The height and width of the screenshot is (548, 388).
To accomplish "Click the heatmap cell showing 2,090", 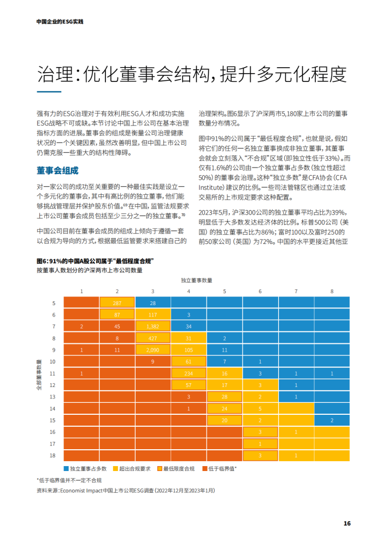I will pyautogui.click(x=152, y=349).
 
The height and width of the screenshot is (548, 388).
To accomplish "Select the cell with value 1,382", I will pyautogui.click(x=152, y=326).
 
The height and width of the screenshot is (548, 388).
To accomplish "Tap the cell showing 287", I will pyautogui.click(x=117, y=303).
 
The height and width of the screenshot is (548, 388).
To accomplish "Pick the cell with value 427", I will pyautogui.click(x=152, y=338).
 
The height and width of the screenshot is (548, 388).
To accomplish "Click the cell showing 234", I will pyautogui.click(x=189, y=373).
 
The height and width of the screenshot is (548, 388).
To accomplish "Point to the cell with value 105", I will pyautogui.click(x=189, y=349).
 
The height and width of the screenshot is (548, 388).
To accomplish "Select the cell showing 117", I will pyautogui.click(x=152, y=314).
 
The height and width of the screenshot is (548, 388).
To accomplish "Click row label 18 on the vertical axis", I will pyautogui.click(x=53, y=455).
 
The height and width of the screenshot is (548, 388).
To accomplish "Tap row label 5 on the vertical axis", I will pyautogui.click(x=54, y=303).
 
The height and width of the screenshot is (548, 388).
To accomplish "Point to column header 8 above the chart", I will pyautogui.click(x=332, y=291).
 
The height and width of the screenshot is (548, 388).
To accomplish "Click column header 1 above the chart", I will pyautogui.click(x=81, y=291).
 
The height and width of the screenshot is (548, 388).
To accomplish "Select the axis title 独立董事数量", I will pyautogui.click(x=197, y=280).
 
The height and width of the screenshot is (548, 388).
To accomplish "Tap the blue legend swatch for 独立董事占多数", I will pyautogui.click(x=66, y=468).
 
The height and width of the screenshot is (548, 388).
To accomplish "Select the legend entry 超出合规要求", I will pyautogui.click(x=133, y=468).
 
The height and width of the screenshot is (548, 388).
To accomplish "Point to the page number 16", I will pyautogui.click(x=346, y=523).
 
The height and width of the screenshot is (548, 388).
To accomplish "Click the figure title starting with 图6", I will pyautogui.click(x=95, y=261).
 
